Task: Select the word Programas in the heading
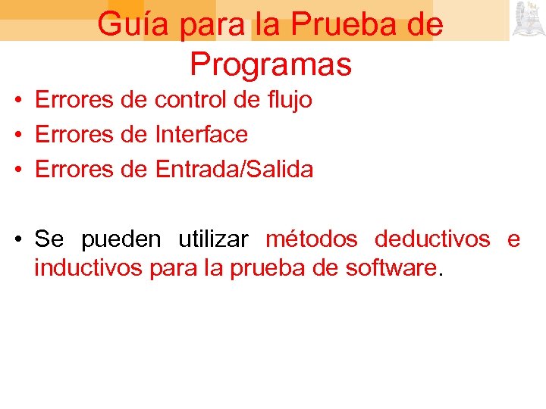[x=271, y=64]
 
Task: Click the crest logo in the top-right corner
[x=528, y=20]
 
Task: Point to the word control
[x=192, y=100]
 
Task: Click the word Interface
[x=201, y=135]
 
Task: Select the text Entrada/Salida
[x=234, y=170]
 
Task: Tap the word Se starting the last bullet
[x=49, y=239]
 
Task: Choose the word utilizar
[x=213, y=239]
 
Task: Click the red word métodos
[x=312, y=239]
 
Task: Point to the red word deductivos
[x=432, y=239]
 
